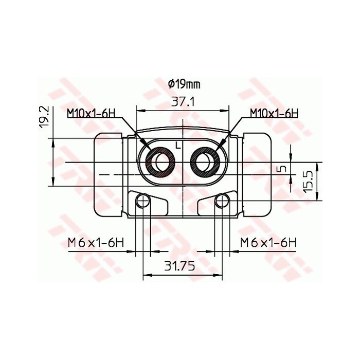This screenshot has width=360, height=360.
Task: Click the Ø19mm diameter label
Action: (184, 84)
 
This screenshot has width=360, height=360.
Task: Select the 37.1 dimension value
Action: (183, 101)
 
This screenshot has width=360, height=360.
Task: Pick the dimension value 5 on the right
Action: (280, 169)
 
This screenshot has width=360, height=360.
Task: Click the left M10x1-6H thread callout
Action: (90, 113)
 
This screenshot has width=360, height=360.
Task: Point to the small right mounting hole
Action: (223, 201)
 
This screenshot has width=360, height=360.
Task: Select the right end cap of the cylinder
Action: (257, 175)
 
